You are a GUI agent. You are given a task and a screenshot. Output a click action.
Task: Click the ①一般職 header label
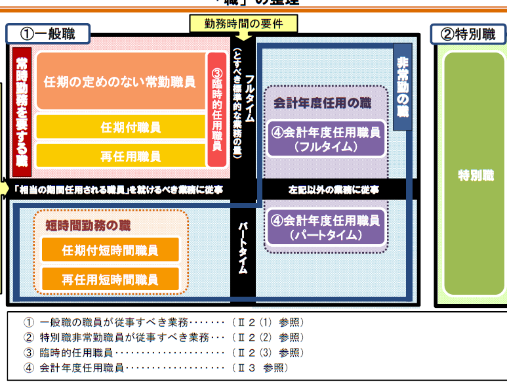[50, 34]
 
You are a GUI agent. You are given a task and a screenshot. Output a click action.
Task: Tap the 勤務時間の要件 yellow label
[243, 24]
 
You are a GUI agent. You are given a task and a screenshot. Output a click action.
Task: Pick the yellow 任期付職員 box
[121, 127]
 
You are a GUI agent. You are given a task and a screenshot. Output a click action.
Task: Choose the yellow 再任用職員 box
[121, 156]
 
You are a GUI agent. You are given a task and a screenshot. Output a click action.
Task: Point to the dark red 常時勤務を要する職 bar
[22, 110]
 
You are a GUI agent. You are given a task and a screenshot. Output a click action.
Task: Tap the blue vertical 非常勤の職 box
[403, 86]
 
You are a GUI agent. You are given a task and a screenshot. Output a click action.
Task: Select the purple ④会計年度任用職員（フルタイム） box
[326, 139]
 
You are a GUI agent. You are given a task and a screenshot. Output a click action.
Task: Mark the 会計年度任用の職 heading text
[322, 103]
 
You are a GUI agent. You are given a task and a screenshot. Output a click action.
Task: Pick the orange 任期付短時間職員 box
[110, 250]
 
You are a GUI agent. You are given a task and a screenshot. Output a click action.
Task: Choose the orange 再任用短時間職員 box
[110, 279]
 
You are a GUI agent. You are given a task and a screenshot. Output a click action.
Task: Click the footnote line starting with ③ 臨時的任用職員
[164, 352]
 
